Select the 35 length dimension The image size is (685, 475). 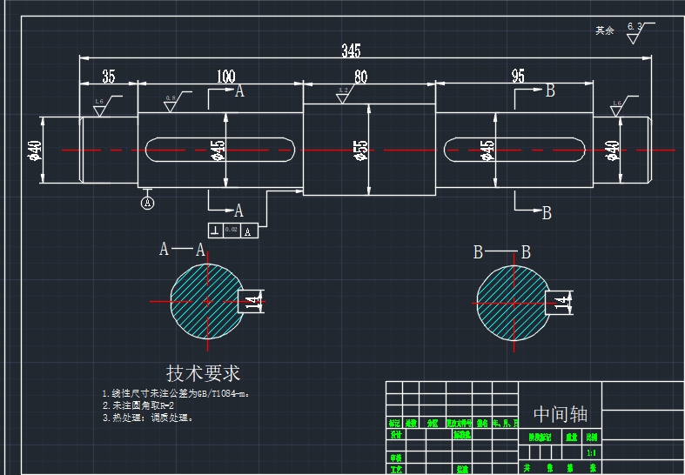pos(109,76)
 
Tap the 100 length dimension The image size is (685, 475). pos(225,76)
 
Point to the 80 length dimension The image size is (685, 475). pos(360,77)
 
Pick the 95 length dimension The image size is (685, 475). pos(518,77)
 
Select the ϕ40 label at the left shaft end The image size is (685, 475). pos(36,151)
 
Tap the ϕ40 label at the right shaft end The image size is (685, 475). pos(612,151)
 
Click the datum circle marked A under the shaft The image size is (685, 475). pos(147,203)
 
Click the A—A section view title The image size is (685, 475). pos(182,251)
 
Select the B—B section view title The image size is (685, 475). pos(501,253)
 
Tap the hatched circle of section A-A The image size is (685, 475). pos(206,301)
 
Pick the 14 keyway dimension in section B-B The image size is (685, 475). pos(562,302)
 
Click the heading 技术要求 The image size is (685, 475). pos(203,373)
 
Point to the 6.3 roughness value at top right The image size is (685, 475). pos(634,28)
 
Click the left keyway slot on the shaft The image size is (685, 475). pos(220,150)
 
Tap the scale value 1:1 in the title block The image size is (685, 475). pos(592,452)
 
